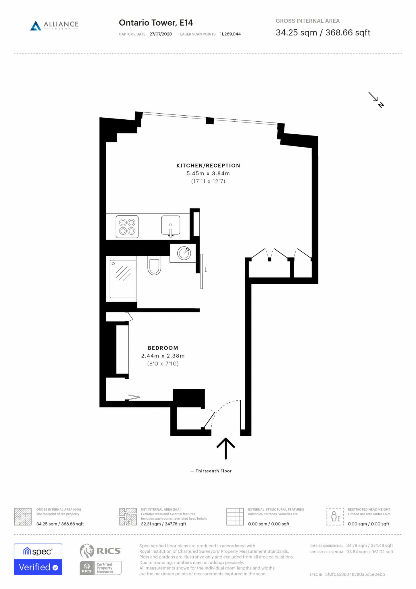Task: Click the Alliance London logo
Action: (54, 25)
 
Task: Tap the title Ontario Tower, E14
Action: (156, 23)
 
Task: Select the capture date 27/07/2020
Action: (161, 34)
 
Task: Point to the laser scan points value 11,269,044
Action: (230, 34)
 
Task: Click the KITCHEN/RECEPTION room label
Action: (208, 166)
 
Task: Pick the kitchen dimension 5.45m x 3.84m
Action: (208, 173)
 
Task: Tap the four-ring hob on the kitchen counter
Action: (127, 227)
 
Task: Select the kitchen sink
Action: (171, 225)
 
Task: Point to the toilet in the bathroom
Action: (154, 266)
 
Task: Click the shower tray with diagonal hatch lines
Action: (123, 279)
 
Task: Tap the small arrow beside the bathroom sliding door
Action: (206, 270)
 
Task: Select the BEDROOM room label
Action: (163, 348)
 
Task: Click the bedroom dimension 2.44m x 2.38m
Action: (163, 356)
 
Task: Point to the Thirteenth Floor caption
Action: (213, 471)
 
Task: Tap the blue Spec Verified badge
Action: (38, 559)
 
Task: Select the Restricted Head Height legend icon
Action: (335, 517)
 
